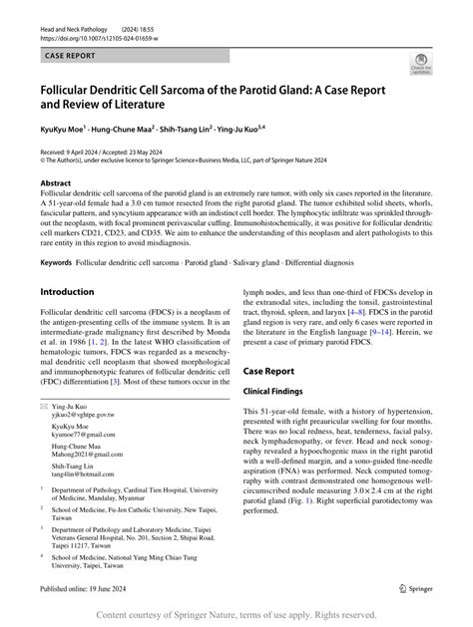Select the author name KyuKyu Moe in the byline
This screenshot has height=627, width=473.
point(67,130)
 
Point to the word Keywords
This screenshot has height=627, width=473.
point(58,262)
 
